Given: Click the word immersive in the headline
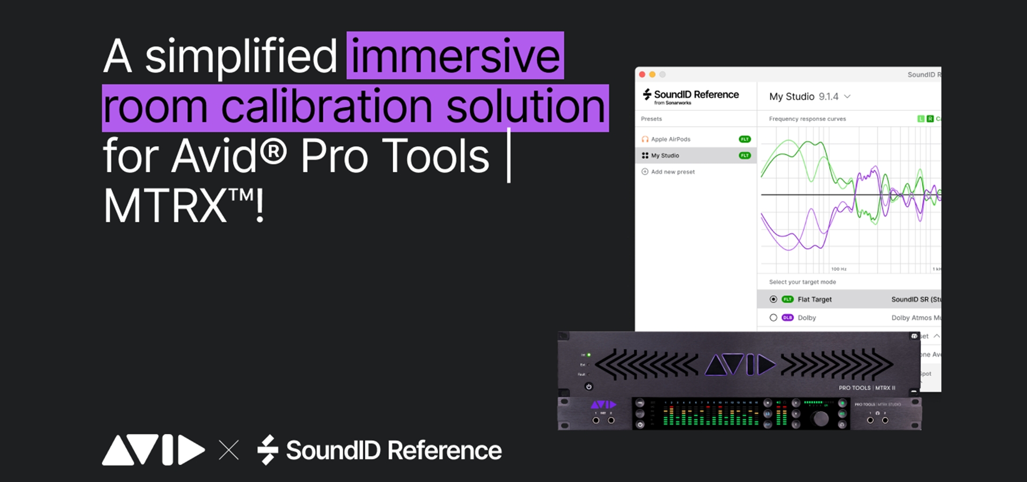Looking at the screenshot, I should [455, 56].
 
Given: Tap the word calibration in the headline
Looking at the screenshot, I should [326, 107].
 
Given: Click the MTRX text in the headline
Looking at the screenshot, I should [166, 206].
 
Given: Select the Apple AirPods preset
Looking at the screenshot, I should [671, 139].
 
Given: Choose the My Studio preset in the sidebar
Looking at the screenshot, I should [665, 156].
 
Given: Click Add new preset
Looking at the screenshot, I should [672, 172].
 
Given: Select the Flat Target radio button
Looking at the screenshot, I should [773, 299].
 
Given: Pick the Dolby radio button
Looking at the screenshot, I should [773, 318].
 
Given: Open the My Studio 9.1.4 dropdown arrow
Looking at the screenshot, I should [847, 96].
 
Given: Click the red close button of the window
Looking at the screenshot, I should [642, 74].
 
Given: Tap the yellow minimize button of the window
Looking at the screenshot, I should [653, 74].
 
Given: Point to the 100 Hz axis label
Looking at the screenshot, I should [839, 269].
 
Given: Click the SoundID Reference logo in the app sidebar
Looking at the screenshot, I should [691, 96].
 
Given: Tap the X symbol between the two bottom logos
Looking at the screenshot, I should [229, 450].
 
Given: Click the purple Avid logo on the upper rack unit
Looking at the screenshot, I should [740, 365].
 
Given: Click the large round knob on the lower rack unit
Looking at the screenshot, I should [821, 419].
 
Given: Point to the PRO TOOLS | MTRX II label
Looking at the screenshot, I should [867, 388].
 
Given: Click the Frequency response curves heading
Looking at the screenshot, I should [807, 119].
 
